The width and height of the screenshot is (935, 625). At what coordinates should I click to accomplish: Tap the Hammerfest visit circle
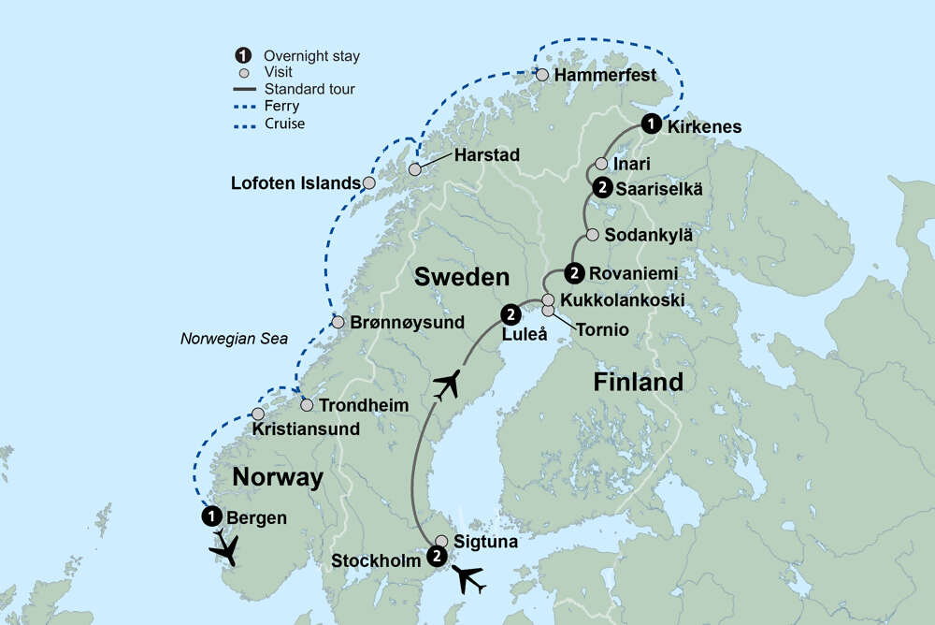[x=542, y=75]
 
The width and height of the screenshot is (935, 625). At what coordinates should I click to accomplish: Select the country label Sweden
[x=462, y=277]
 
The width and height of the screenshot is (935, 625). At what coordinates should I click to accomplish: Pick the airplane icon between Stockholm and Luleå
[x=448, y=385]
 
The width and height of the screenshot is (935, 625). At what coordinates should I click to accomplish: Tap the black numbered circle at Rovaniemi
[x=575, y=273]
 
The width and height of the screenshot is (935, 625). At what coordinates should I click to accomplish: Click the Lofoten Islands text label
[x=295, y=183]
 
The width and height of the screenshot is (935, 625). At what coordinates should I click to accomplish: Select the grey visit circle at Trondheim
[x=307, y=406]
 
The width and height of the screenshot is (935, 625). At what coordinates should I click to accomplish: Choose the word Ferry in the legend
[x=281, y=107]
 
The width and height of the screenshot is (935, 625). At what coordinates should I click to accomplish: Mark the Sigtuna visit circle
[x=441, y=541]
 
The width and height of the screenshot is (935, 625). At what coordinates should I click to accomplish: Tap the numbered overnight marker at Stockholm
[x=436, y=557]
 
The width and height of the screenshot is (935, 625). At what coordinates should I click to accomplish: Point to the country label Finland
[x=639, y=382]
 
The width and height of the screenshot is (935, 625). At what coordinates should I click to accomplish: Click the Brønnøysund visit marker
[x=338, y=323]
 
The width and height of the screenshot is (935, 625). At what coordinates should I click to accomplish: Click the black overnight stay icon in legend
[x=243, y=56]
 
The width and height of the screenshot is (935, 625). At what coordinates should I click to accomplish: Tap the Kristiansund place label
[x=306, y=430]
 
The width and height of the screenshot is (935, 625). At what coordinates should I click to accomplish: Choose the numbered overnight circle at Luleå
[x=511, y=313]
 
